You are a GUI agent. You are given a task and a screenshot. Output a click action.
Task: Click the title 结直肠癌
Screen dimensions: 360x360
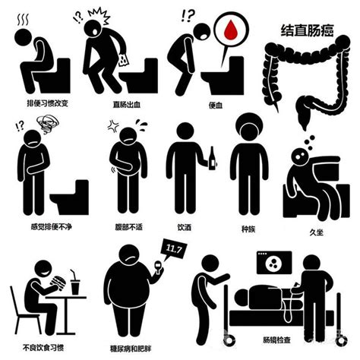click(x=307, y=30)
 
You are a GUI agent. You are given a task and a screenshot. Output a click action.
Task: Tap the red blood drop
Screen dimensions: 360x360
click(x=231, y=30)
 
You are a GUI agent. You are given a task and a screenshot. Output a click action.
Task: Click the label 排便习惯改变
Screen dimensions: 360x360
click(x=48, y=103)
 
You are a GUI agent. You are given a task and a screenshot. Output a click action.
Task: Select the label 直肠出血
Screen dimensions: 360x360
click(x=127, y=105)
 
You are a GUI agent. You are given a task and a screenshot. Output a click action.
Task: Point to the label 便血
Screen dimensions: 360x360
click(x=216, y=105)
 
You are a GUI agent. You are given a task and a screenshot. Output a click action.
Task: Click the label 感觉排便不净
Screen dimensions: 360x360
click(x=52, y=226)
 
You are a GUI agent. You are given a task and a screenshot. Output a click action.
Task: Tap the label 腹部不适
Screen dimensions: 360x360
click(x=129, y=227)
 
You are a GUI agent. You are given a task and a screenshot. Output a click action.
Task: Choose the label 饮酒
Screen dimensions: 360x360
click(x=184, y=227)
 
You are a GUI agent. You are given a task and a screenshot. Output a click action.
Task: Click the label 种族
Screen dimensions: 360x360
click(x=248, y=229)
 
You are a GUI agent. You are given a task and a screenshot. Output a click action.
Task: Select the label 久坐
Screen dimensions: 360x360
click(x=317, y=232)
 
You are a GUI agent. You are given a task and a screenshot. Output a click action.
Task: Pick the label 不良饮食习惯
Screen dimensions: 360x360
click(x=43, y=348)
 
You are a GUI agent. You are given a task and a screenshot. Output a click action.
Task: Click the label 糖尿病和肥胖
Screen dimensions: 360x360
click(x=131, y=349)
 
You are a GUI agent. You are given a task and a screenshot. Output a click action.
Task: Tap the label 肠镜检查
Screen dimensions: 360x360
click(x=276, y=339)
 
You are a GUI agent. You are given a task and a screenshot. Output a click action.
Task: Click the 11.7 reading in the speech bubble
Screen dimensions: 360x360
click(x=174, y=249)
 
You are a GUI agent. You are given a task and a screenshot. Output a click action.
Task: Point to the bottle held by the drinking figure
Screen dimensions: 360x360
click(x=212, y=158)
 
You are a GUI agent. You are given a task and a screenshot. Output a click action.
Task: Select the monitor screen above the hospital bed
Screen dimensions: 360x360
click(x=274, y=263)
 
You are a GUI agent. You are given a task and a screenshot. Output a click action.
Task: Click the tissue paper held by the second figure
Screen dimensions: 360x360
click(x=124, y=60)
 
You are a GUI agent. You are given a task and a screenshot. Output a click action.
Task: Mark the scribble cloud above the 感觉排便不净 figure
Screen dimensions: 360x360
click(x=47, y=123)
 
